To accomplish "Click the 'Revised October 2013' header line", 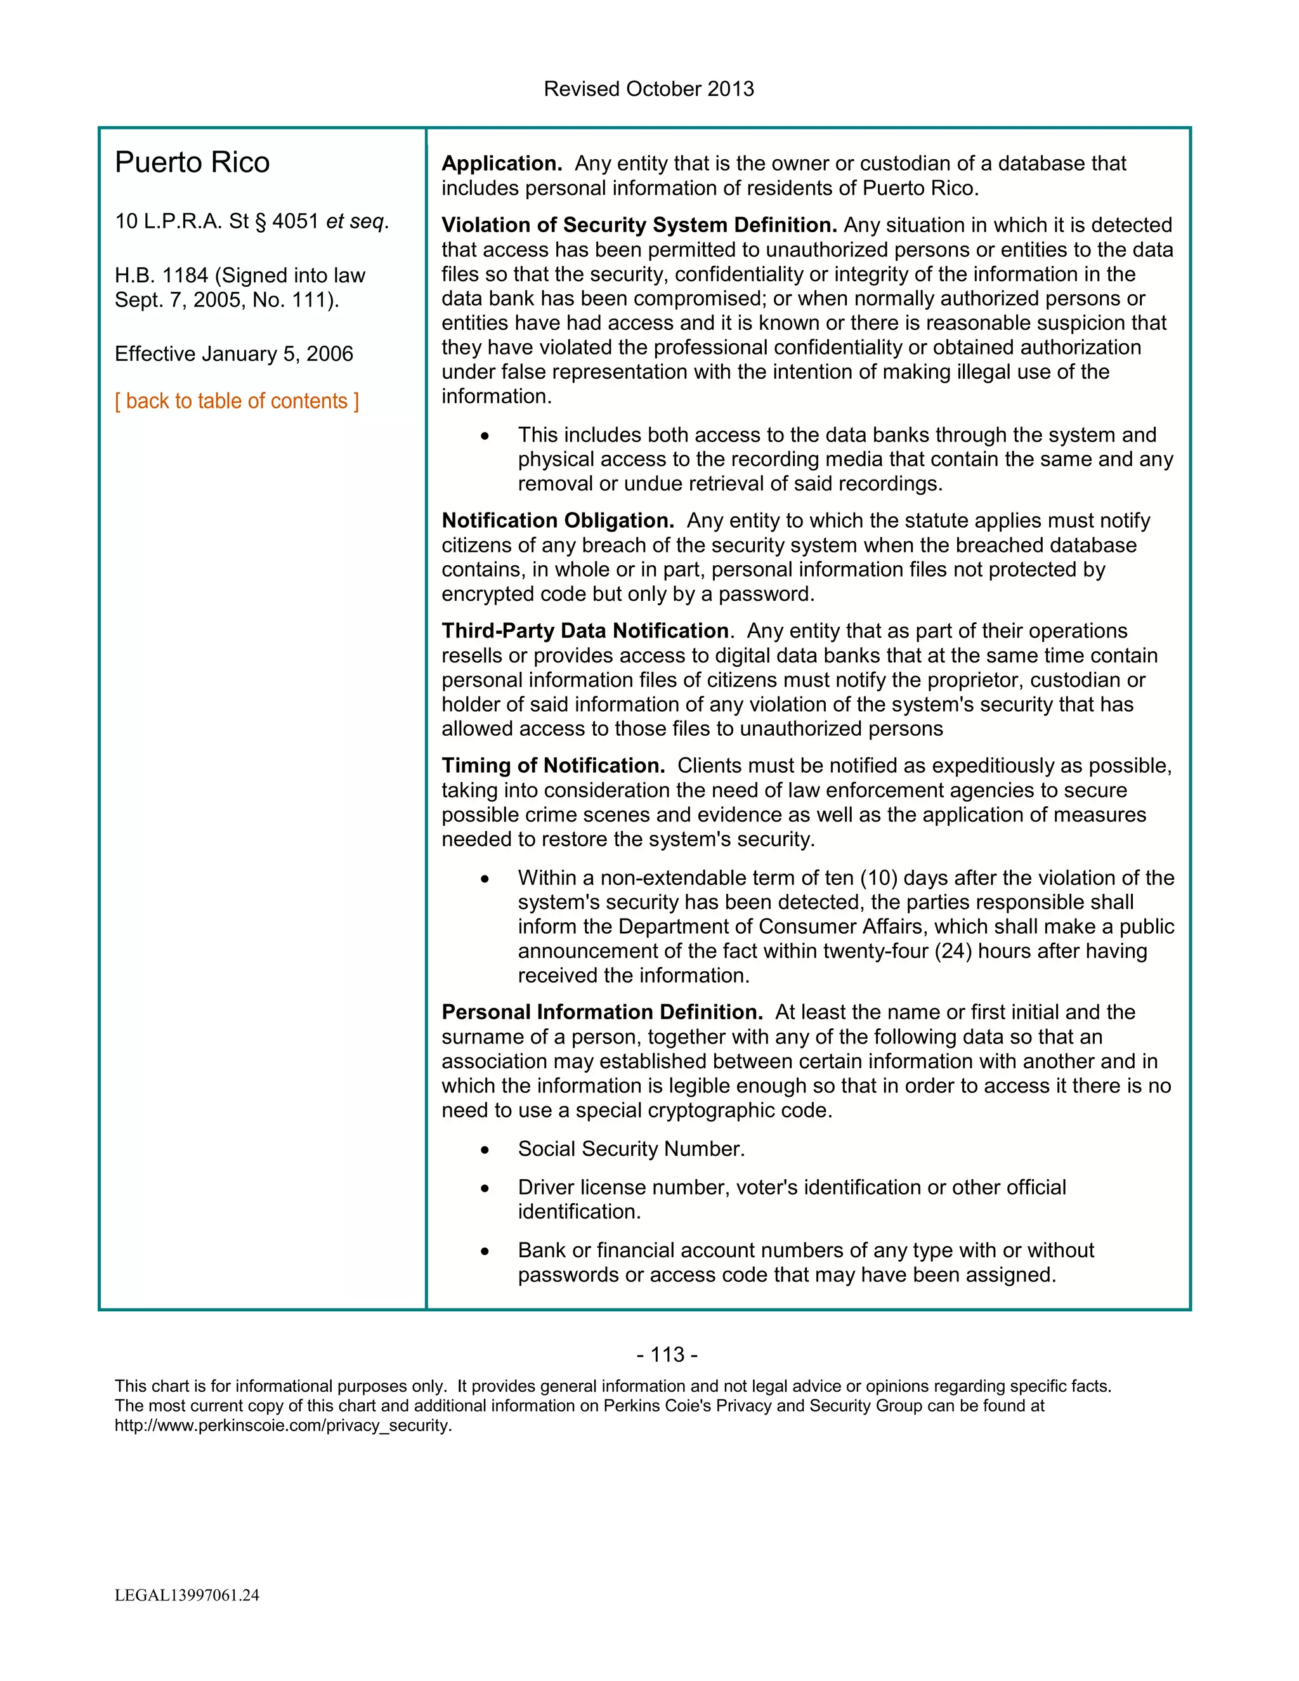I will click(x=648, y=89).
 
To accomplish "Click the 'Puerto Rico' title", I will click(x=192, y=162).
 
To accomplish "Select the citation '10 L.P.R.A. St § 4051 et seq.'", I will click(x=252, y=221).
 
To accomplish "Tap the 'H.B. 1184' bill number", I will click(x=161, y=275).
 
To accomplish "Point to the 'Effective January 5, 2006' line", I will click(x=234, y=354).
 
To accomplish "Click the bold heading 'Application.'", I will click(x=502, y=164).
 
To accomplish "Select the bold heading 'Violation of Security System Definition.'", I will click(x=639, y=226).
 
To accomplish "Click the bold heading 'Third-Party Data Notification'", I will click(x=585, y=631).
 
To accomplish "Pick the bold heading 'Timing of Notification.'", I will click(x=552, y=766).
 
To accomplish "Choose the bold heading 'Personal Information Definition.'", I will click(x=602, y=1012).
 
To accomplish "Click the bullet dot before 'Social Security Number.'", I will click(x=485, y=1150).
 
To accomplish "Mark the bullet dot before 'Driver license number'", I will click(x=485, y=1188).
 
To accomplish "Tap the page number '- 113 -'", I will click(x=667, y=1355).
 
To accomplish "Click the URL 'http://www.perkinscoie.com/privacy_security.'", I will click(x=283, y=1425).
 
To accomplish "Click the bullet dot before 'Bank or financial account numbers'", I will click(x=485, y=1252).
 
